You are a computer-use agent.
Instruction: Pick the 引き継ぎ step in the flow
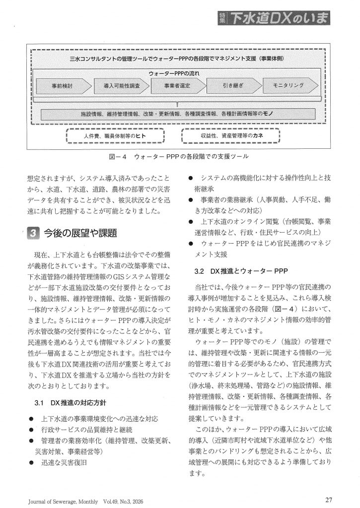(x=231, y=86)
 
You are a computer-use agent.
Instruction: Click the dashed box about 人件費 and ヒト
(x=115, y=135)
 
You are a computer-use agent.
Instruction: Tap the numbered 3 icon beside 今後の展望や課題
(x=31, y=233)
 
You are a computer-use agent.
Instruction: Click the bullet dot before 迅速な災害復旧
(x=31, y=462)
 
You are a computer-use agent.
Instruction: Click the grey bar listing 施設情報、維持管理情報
(x=178, y=113)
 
